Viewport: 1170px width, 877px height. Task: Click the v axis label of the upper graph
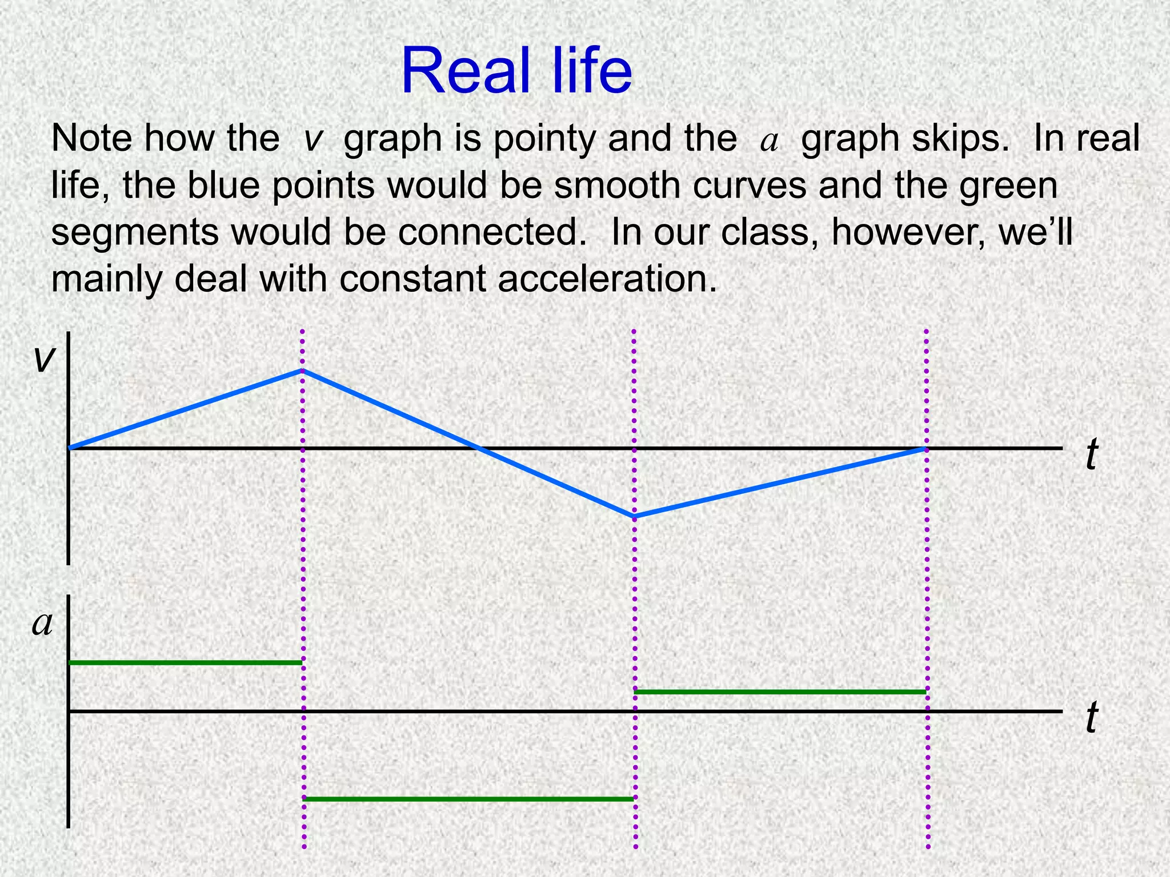[45, 360]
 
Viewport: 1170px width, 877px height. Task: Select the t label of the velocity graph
[1091, 455]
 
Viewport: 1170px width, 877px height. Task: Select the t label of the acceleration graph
[1091, 718]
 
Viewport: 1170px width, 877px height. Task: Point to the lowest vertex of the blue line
[634, 517]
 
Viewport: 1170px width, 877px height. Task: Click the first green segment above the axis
[185, 662]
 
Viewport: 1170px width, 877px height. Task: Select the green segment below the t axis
[468, 799]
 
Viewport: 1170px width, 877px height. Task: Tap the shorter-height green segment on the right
[780, 692]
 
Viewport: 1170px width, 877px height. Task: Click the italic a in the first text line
[769, 141]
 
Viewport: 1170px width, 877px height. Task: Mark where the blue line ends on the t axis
[925, 449]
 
